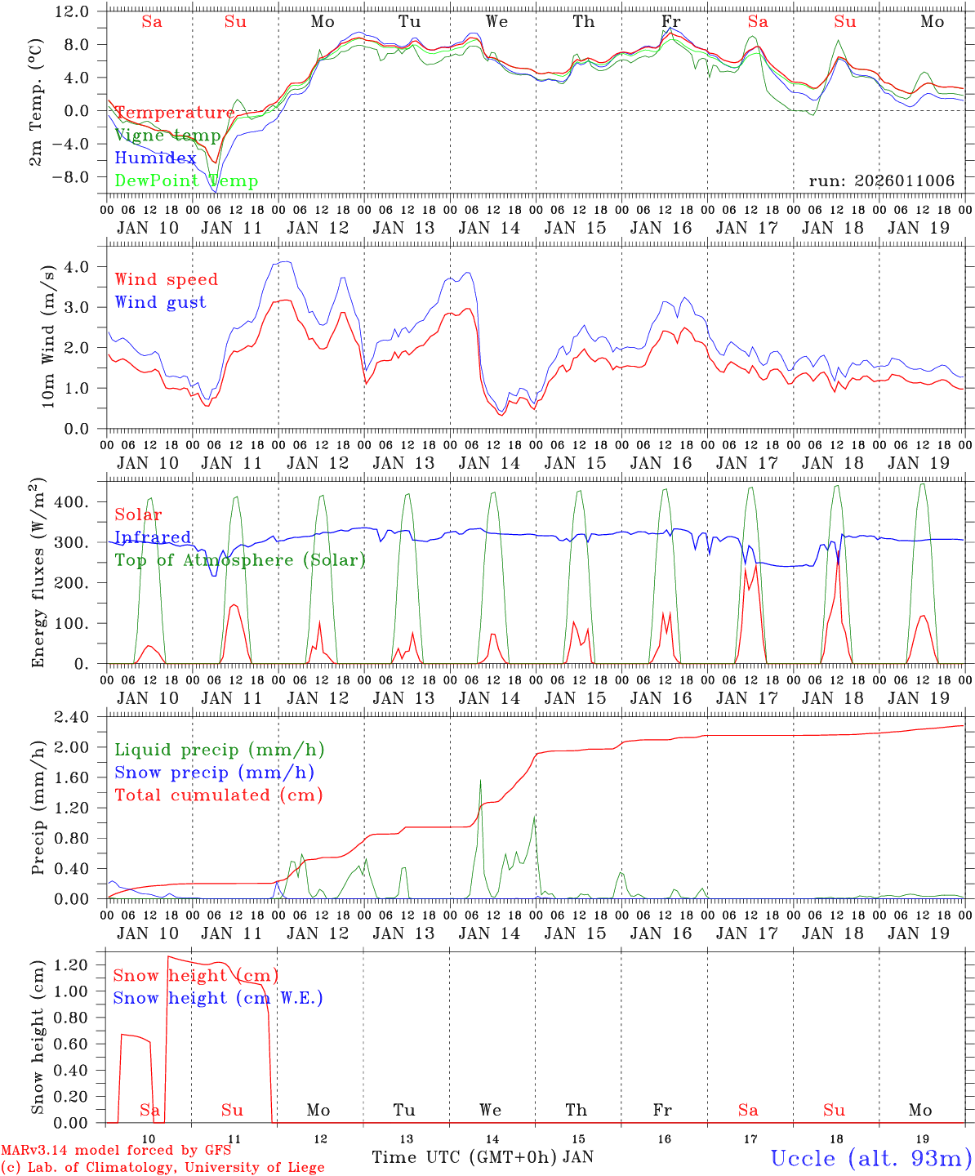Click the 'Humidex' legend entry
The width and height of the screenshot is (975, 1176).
[x=155, y=158]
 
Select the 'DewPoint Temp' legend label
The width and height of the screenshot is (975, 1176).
[x=186, y=181]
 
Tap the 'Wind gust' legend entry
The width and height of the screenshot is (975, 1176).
[x=160, y=302]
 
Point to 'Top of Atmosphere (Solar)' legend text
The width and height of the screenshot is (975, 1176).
[x=240, y=560]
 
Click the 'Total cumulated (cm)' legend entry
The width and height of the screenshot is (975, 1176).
[x=219, y=795]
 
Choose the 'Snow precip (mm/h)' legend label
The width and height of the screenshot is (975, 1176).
[x=214, y=773]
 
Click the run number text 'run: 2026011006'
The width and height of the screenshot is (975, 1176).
[x=882, y=180]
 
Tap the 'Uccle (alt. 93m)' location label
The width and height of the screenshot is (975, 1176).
[x=871, y=1158]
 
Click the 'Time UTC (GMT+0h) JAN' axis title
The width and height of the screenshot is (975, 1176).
[x=483, y=1157]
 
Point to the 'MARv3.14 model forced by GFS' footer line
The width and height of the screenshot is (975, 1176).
[x=116, y=1151]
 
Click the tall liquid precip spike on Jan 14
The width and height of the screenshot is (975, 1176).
[x=480, y=782]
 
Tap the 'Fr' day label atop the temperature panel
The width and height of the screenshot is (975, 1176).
[x=670, y=21]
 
